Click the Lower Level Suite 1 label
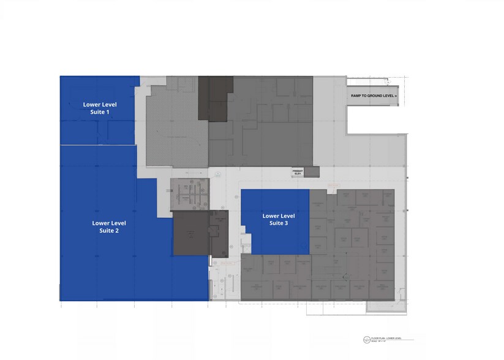click(100, 108)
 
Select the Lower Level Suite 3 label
click(279, 219)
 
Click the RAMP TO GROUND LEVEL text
click(374, 96)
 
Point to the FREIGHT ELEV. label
click(298, 172)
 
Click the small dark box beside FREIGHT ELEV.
click(312, 171)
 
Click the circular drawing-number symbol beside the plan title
click(366, 340)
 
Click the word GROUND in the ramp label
click(375, 96)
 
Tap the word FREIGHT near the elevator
click(298, 170)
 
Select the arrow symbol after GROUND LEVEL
click(396, 96)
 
